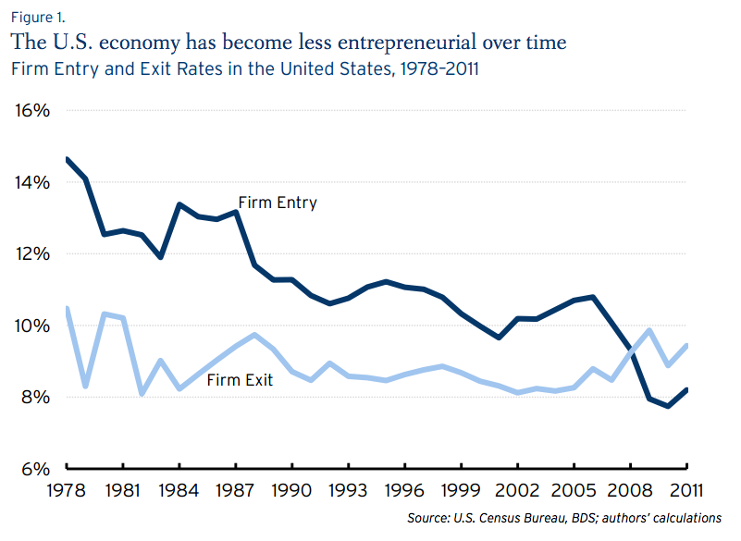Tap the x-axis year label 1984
tap(180, 490)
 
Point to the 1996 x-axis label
tap(404, 490)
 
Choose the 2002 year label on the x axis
tap(517, 490)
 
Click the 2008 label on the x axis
tap(631, 490)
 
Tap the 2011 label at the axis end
tap(686, 490)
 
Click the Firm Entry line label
tap(278, 203)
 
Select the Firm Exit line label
tap(240, 379)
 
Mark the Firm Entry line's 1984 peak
tap(180, 204)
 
